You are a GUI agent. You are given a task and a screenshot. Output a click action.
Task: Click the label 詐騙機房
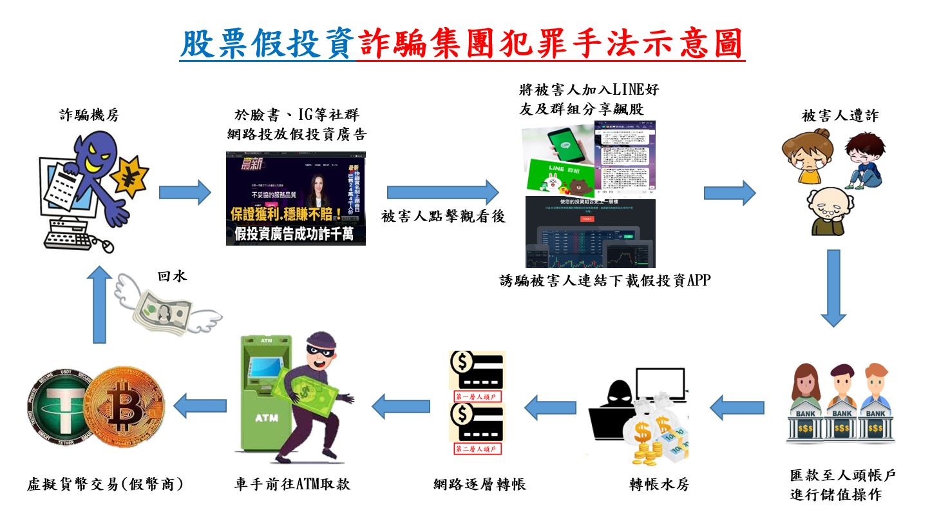pos(89,115)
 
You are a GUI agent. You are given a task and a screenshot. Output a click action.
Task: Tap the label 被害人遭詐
pos(840,115)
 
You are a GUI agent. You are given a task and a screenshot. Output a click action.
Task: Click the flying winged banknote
pos(167,309)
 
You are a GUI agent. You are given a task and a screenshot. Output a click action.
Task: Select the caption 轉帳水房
pos(659,484)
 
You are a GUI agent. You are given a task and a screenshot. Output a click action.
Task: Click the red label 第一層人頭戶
pos(477,396)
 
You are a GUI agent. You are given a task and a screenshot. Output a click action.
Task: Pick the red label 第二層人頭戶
pos(477,449)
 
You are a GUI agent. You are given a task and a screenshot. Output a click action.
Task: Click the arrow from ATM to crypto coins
pos(201,406)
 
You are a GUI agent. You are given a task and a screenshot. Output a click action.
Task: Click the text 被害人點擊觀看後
pos(443,217)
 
